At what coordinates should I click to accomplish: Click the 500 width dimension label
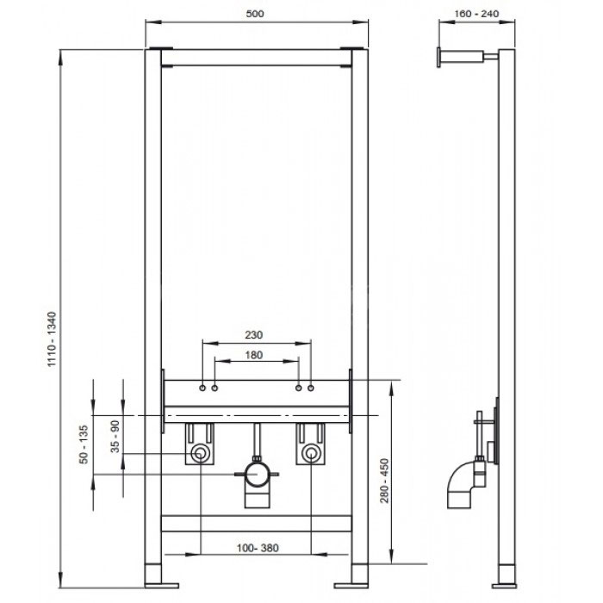click(x=255, y=14)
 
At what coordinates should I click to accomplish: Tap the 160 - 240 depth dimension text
click(x=476, y=14)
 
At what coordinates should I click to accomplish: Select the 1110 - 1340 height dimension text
click(x=52, y=339)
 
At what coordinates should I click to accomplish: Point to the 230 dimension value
click(x=254, y=334)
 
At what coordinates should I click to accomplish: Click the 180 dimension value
click(x=254, y=355)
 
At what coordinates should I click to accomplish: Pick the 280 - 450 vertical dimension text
click(x=384, y=481)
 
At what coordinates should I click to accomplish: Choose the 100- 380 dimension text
click(x=258, y=548)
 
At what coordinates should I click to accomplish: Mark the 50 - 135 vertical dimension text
click(x=84, y=444)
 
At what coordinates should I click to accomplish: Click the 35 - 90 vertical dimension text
click(x=115, y=436)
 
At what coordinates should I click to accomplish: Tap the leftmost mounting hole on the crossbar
click(x=202, y=388)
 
